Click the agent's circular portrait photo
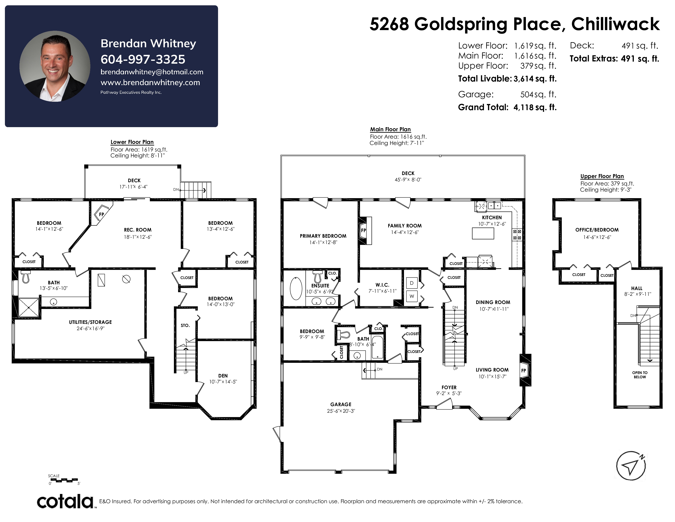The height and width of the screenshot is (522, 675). click(x=55, y=66)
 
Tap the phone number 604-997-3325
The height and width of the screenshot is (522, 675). click(x=143, y=59)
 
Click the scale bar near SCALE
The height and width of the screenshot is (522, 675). click(x=64, y=480)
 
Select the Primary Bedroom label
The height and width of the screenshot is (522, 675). click(x=323, y=236)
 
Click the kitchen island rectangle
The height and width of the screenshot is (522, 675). click(x=483, y=234)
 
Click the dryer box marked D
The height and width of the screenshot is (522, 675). click(x=412, y=283)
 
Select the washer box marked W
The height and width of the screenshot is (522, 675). click(x=412, y=296)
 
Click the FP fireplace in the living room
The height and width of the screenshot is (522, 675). click(x=525, y=370)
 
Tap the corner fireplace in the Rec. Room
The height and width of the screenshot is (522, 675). click(x=101, y=214)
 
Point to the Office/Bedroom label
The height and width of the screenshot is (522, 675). click(x=597, y=230)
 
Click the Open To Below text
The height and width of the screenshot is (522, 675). click(x=640, y=375)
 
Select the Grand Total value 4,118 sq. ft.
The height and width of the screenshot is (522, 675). click(x=535, y=107)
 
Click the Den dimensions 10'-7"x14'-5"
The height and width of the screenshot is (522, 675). click(x=223, y=382)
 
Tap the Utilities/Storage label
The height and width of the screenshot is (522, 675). click(x=90, y=322)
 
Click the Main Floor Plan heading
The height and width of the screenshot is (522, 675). click(x=390, y=129)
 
